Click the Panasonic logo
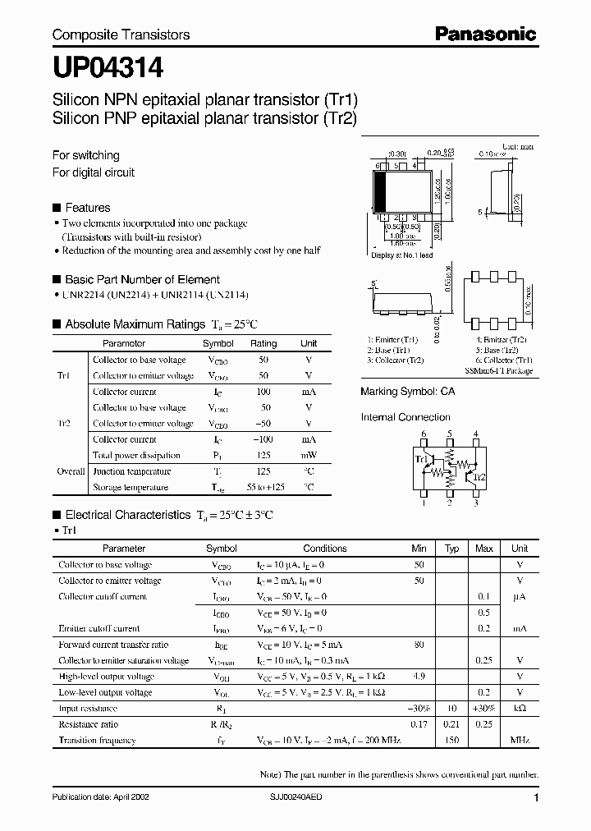coord(484,34)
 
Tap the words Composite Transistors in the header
coord(121,34)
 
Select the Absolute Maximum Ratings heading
coord(140,324)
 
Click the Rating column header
coord(263,343)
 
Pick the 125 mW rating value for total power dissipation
coord(263,455)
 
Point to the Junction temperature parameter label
coord(132,471)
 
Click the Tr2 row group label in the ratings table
coord(64,424)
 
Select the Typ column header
coord(451,549)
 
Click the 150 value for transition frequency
coord(451,740)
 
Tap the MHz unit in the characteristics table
coord(519,740)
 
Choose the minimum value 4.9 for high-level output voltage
coord(419,677)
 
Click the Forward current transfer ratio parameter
coord(113,645)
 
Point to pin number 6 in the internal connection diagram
coord(424,434)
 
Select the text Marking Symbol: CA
coord(407,392)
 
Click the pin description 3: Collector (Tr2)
coord(395,360)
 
